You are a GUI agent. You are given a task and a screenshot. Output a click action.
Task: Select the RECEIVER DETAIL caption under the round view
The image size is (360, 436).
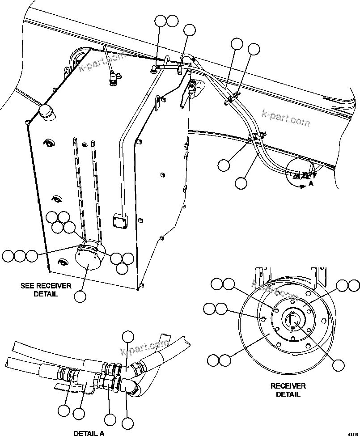click(288, 390)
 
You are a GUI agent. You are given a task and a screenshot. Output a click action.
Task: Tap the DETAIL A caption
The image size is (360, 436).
click(89, 432)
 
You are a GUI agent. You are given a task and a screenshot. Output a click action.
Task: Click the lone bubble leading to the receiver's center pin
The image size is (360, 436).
click(339, 365)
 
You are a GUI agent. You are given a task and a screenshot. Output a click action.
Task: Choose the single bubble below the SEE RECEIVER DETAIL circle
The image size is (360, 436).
click(80, 296)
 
